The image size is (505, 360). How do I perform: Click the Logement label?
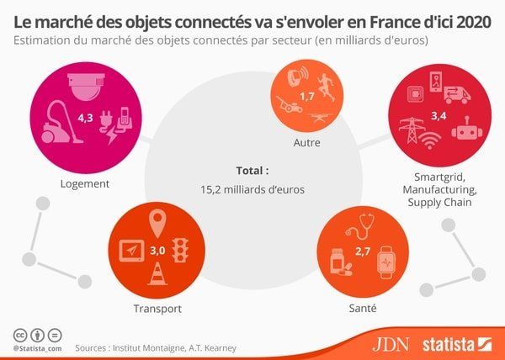(86, 184)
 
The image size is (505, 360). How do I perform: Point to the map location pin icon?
(157, 223)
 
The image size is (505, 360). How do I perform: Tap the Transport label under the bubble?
(157, 309)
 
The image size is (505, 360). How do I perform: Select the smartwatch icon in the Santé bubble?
(385, 262)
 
